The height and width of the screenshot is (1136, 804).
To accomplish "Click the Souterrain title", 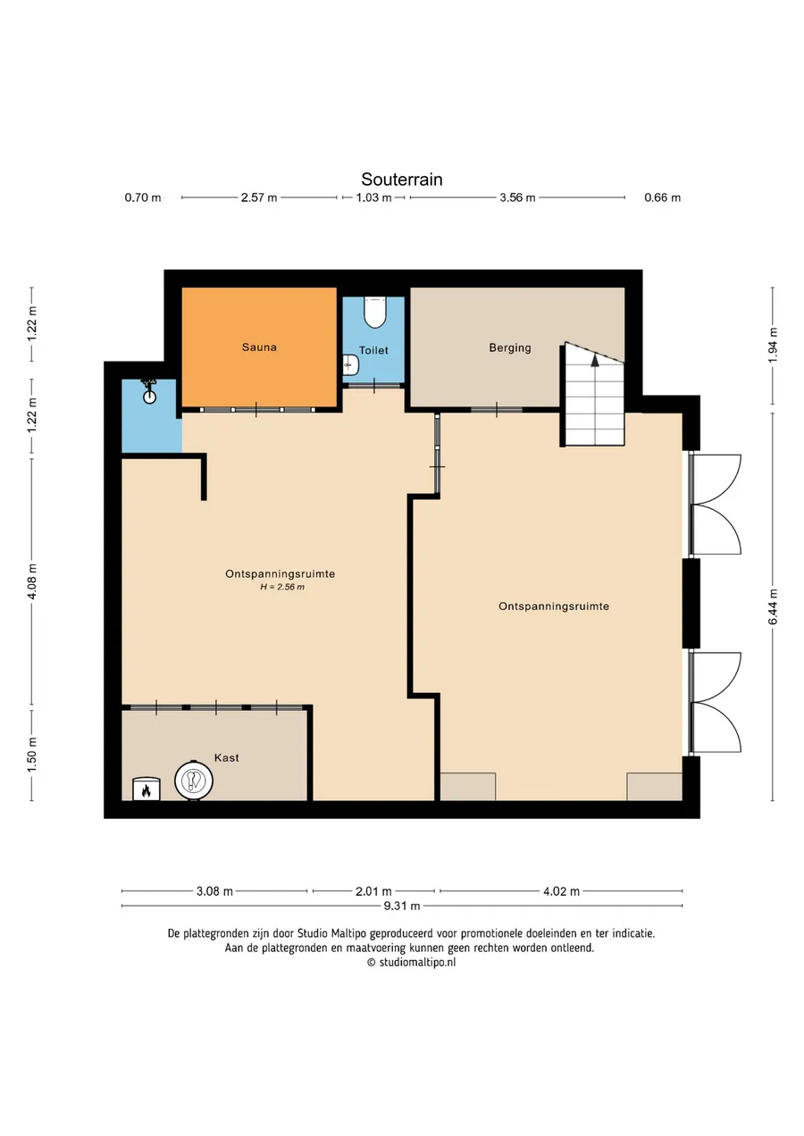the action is tap(402, 179).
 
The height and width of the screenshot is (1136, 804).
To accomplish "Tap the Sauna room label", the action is tap(259, 347).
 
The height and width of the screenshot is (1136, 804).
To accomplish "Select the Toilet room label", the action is tap(373, 350).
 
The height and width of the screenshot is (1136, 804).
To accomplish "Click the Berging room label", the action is tap(510, 348).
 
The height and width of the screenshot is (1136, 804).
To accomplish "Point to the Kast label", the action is tap(226, 757).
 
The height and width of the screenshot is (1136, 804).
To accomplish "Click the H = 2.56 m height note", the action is tap(282, 588).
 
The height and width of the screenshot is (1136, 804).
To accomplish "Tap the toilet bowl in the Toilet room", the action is tap(375, 313).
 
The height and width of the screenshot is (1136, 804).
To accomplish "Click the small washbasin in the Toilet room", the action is tap(350, 364).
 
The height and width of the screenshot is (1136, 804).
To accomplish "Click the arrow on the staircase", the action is tap(594, 360).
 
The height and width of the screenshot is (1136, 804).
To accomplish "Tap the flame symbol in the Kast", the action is tap(147, 790).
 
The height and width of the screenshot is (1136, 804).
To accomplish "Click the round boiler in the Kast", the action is tap(194, 781).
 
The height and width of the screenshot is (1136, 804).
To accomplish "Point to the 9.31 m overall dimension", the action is tap(402, 906).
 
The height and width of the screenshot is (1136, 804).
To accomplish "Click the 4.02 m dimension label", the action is tap(561, 891).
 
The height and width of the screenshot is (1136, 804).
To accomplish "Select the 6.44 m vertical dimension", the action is tap(773, 606).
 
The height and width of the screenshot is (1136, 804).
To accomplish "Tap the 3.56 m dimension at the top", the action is tap(517, 197).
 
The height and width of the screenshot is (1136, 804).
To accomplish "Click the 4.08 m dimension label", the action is tap(31, 581).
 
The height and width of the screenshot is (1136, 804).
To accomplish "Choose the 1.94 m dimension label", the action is tap(773, 346).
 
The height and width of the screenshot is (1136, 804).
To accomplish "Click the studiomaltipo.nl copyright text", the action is tap(412, 962).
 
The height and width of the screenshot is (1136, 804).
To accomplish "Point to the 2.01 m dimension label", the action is tap(373, 891).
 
